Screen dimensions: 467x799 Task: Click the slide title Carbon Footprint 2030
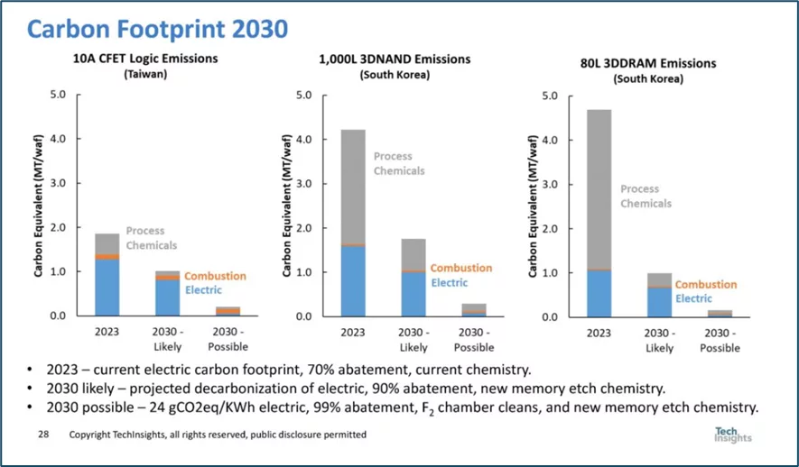pyautogui.click(x=157, y=29)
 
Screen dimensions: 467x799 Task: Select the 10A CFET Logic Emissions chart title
pyautogui.click(x=145, y=60)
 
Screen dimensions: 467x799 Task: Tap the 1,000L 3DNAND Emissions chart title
pyautogui.click(x=395, y=60)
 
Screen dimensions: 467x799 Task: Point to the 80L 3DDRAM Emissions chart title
pyautogui.click(x=648, y=64)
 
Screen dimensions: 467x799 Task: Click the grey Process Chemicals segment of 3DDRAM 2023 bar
pyautogui.click(x=598, y=180)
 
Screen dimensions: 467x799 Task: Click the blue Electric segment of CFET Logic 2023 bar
pyautogui.click(x=107, y=287)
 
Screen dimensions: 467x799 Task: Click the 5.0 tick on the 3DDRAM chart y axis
pyautogui.click(x=551, y=96)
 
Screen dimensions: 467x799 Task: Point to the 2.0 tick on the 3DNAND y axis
pyautogui.click(x=303, y=228)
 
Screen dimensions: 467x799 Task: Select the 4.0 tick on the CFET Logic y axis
pyautogui.click(x=58, y=139)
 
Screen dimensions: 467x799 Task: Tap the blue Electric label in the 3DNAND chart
pyautogui.click(x=449, y=282)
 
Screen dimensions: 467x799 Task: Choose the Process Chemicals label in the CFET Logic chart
pyautogui.click(x=151, y=238)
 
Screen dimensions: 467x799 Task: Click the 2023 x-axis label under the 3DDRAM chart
pyautogui.click(x=598, y=332)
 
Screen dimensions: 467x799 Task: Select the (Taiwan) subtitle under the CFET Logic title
pyautogui.click(x=145, y=74)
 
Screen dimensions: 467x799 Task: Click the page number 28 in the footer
pyautogui.click(x=42, y=435)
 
